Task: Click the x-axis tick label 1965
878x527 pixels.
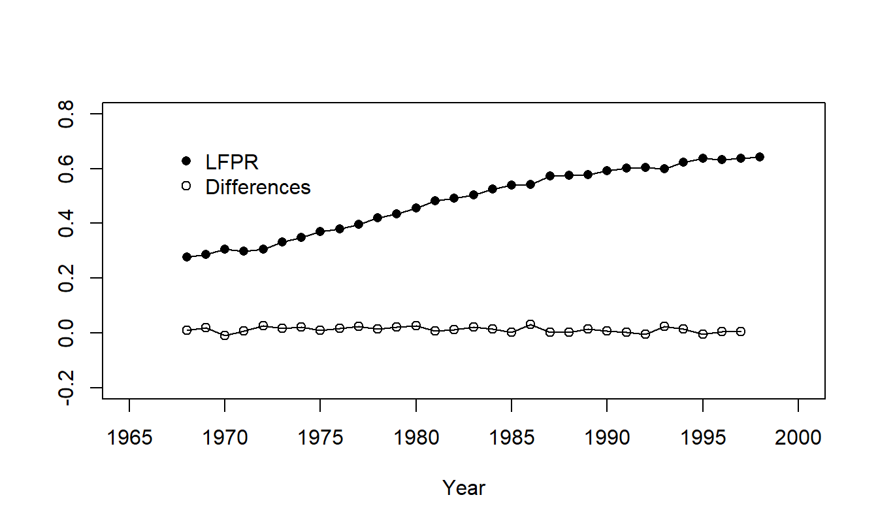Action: pyautogui.click(x=129, y=437)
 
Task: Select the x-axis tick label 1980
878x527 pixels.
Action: pyautogui.click(x=416, y=437)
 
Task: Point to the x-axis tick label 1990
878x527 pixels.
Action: pyautogui.click(x=607, y=437)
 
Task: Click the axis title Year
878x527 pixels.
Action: pyautogui.click(x=464, y=488)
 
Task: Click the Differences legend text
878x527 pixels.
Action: pyautogui.click(x=258, y=187)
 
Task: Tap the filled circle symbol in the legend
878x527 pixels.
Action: pyautogui.click(x=186, y=161)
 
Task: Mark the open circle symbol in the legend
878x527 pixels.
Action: pyautogui.click(x=186, y=186)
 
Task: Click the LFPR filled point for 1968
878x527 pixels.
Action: pyautogui.click(x=187, y=257)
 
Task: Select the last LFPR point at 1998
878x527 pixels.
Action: pyautogui.click(x=760, y=157)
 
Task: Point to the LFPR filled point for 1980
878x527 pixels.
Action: pyautogui.click(x=416, y=208)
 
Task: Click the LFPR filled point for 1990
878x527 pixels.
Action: pyautogui.click(x=607, y=171)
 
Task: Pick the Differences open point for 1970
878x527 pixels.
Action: pyautogui.click(x=225, y=335)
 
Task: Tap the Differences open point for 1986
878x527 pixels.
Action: pyautogui.click(x=530, y=324)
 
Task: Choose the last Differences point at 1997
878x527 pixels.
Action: pyautogui.click(x=741, y=331)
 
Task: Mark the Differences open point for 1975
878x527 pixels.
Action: pyautogui.click(x=320, y=330)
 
